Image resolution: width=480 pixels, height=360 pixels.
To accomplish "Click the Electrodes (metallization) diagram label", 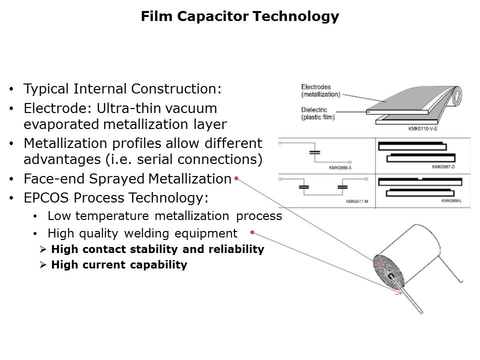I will pos(320,90).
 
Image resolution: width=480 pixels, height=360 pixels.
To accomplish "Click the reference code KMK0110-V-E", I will pos(423,128).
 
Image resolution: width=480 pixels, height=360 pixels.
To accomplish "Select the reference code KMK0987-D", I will pos(443,166).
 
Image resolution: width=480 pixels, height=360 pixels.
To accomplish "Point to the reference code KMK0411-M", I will pos(357,201).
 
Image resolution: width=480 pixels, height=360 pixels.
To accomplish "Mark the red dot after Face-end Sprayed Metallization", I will pos(236,178).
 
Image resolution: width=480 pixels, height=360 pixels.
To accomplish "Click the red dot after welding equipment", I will pos(252,232).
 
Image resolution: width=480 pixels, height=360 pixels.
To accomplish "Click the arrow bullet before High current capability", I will pos(42,265).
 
